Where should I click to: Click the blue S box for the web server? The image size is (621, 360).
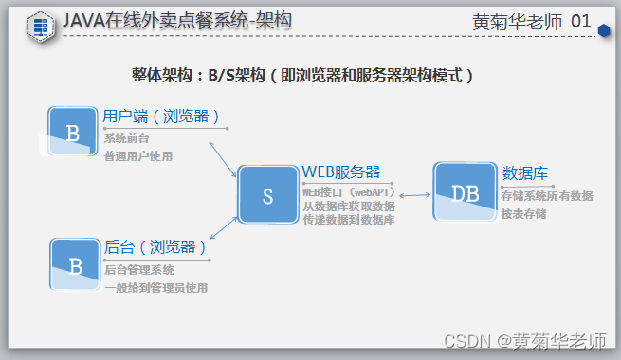pyautogui.click(x=267, y=196)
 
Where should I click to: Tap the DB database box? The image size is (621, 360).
pyautogui.click(x=465, y=192)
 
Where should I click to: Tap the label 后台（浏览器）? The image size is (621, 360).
pyautogui.click(x=155, y=247)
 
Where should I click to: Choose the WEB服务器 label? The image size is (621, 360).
pyautogui.click(x=341, y=171)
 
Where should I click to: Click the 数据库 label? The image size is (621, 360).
pyautogui.click(x=525, y=172)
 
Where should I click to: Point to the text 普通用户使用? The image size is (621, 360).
pyautogui.click(x=138, y=155)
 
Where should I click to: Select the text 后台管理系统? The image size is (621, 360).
pyautogui.click(x=138, y=270)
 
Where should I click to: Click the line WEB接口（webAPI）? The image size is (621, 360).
pyautogui.click(x=348, y=191)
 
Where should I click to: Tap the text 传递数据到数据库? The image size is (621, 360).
pyautogui.click(x=349, y=219)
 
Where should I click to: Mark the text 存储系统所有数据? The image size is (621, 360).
pyautogui.click(x=547, y=196)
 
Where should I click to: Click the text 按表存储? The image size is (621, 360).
pyautogui.click(x=523, y=214)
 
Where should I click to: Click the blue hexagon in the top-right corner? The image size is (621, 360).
pyautogui.click(x=604, y=29)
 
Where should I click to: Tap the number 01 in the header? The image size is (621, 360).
pyautogui.click(x=580, y=21)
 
